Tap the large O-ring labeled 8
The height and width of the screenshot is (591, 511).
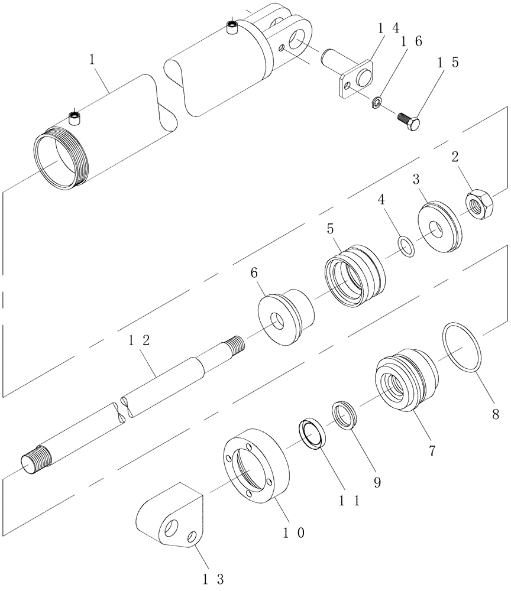(x=462, y=348)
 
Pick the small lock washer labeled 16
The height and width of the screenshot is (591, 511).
(x=376, y=105)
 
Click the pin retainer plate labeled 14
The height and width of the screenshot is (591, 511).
(x=357, y=79)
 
